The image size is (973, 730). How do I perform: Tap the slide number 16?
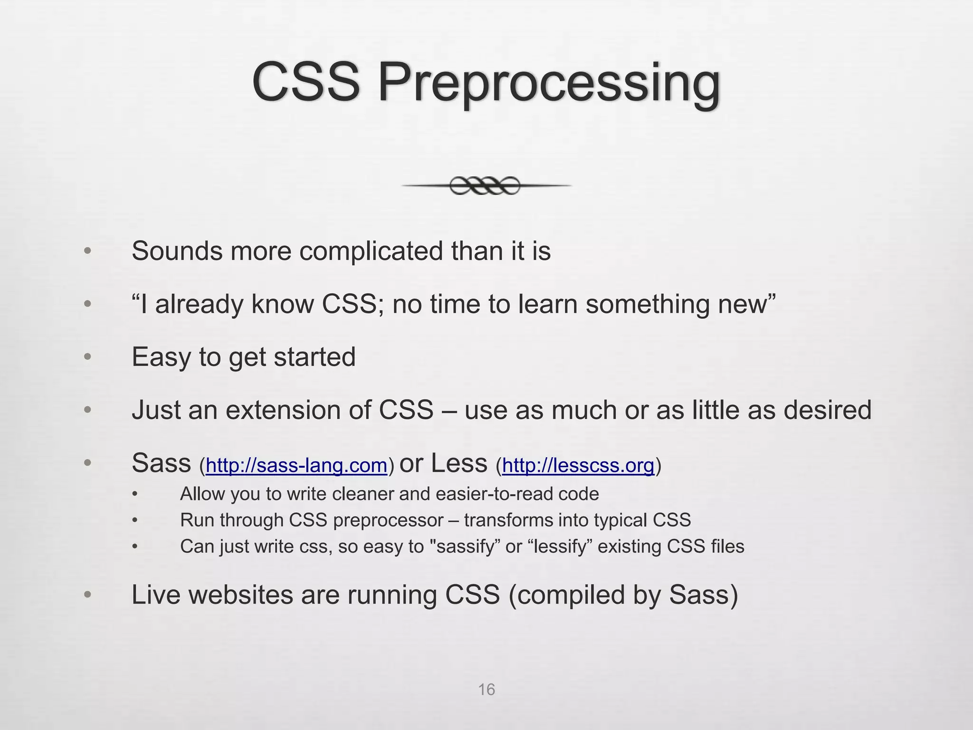486,690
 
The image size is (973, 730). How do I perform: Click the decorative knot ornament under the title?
485,186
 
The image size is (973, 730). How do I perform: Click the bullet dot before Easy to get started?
87,357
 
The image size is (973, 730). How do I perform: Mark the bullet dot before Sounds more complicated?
87,251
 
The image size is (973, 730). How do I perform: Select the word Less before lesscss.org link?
459,463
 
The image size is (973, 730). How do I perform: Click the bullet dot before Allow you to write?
135,494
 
